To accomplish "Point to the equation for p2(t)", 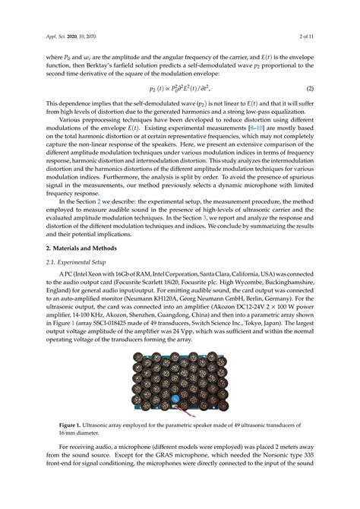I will click(180, 89).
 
